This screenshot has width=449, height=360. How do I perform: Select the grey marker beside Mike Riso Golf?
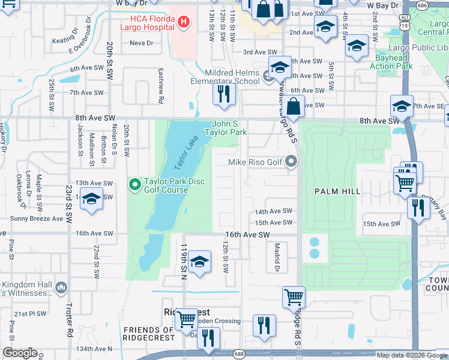click(x=292, y=161)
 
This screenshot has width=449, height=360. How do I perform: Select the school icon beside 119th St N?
click(x=199, y=262)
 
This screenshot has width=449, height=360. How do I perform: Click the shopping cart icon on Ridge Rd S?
click(x=294, y=296)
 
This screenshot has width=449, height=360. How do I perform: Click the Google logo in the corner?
click(x=20, y=352)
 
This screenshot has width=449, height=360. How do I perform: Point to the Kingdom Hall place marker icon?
click(x=61, y=289)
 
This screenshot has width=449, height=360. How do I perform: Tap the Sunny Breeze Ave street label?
click(x=40, y=219)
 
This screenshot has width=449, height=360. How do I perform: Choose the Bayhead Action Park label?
click(x=391, y=62)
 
